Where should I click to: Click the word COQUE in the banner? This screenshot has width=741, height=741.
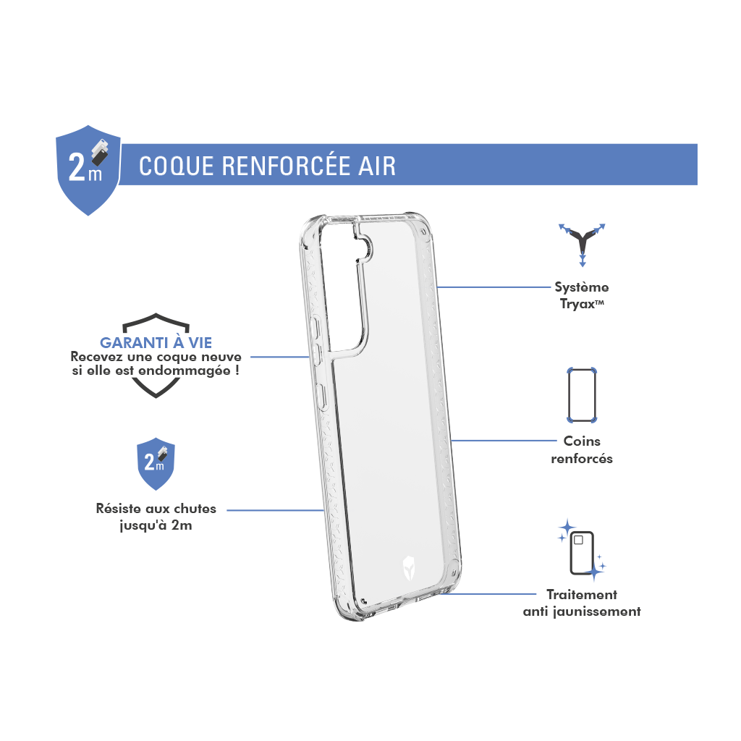coord(177,166)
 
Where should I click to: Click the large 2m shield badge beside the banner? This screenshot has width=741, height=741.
coord(88,170)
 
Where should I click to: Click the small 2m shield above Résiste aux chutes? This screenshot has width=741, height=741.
coord(156,464)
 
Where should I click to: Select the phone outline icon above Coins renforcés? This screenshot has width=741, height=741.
coord(582,395)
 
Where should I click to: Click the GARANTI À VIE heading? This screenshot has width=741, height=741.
coord(156,342)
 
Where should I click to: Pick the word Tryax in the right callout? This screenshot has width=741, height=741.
coord(577,304)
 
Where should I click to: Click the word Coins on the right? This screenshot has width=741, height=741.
coord(582,441)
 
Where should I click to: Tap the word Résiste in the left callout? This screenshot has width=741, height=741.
coord(119,509)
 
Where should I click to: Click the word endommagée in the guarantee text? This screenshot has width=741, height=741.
coord(185,370)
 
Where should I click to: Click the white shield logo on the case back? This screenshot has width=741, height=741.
coord(409,568)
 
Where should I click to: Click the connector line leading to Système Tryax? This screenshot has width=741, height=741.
coord(494,287)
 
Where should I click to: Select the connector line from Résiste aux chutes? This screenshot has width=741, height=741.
coord(275,510)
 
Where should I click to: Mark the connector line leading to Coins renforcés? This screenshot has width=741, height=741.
coord(504,441)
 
